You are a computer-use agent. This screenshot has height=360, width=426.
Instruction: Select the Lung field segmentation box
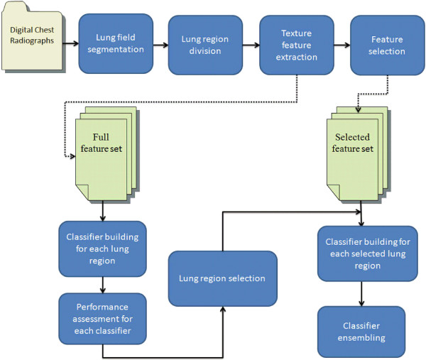pos(116,43)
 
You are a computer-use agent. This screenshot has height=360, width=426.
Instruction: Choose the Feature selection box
pos(387,45)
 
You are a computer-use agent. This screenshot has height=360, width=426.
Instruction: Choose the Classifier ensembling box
pos(361,332)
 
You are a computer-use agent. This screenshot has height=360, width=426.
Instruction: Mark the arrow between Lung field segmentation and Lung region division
pos(160,45)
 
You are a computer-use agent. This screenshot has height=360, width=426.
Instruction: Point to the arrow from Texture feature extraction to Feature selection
pos(342,45)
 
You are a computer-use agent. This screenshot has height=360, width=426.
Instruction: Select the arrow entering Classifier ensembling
pos(362,294)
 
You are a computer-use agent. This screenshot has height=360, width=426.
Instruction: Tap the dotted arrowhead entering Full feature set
pos(72,158)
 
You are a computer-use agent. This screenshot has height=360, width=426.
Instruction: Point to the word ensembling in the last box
pos(361,337)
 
